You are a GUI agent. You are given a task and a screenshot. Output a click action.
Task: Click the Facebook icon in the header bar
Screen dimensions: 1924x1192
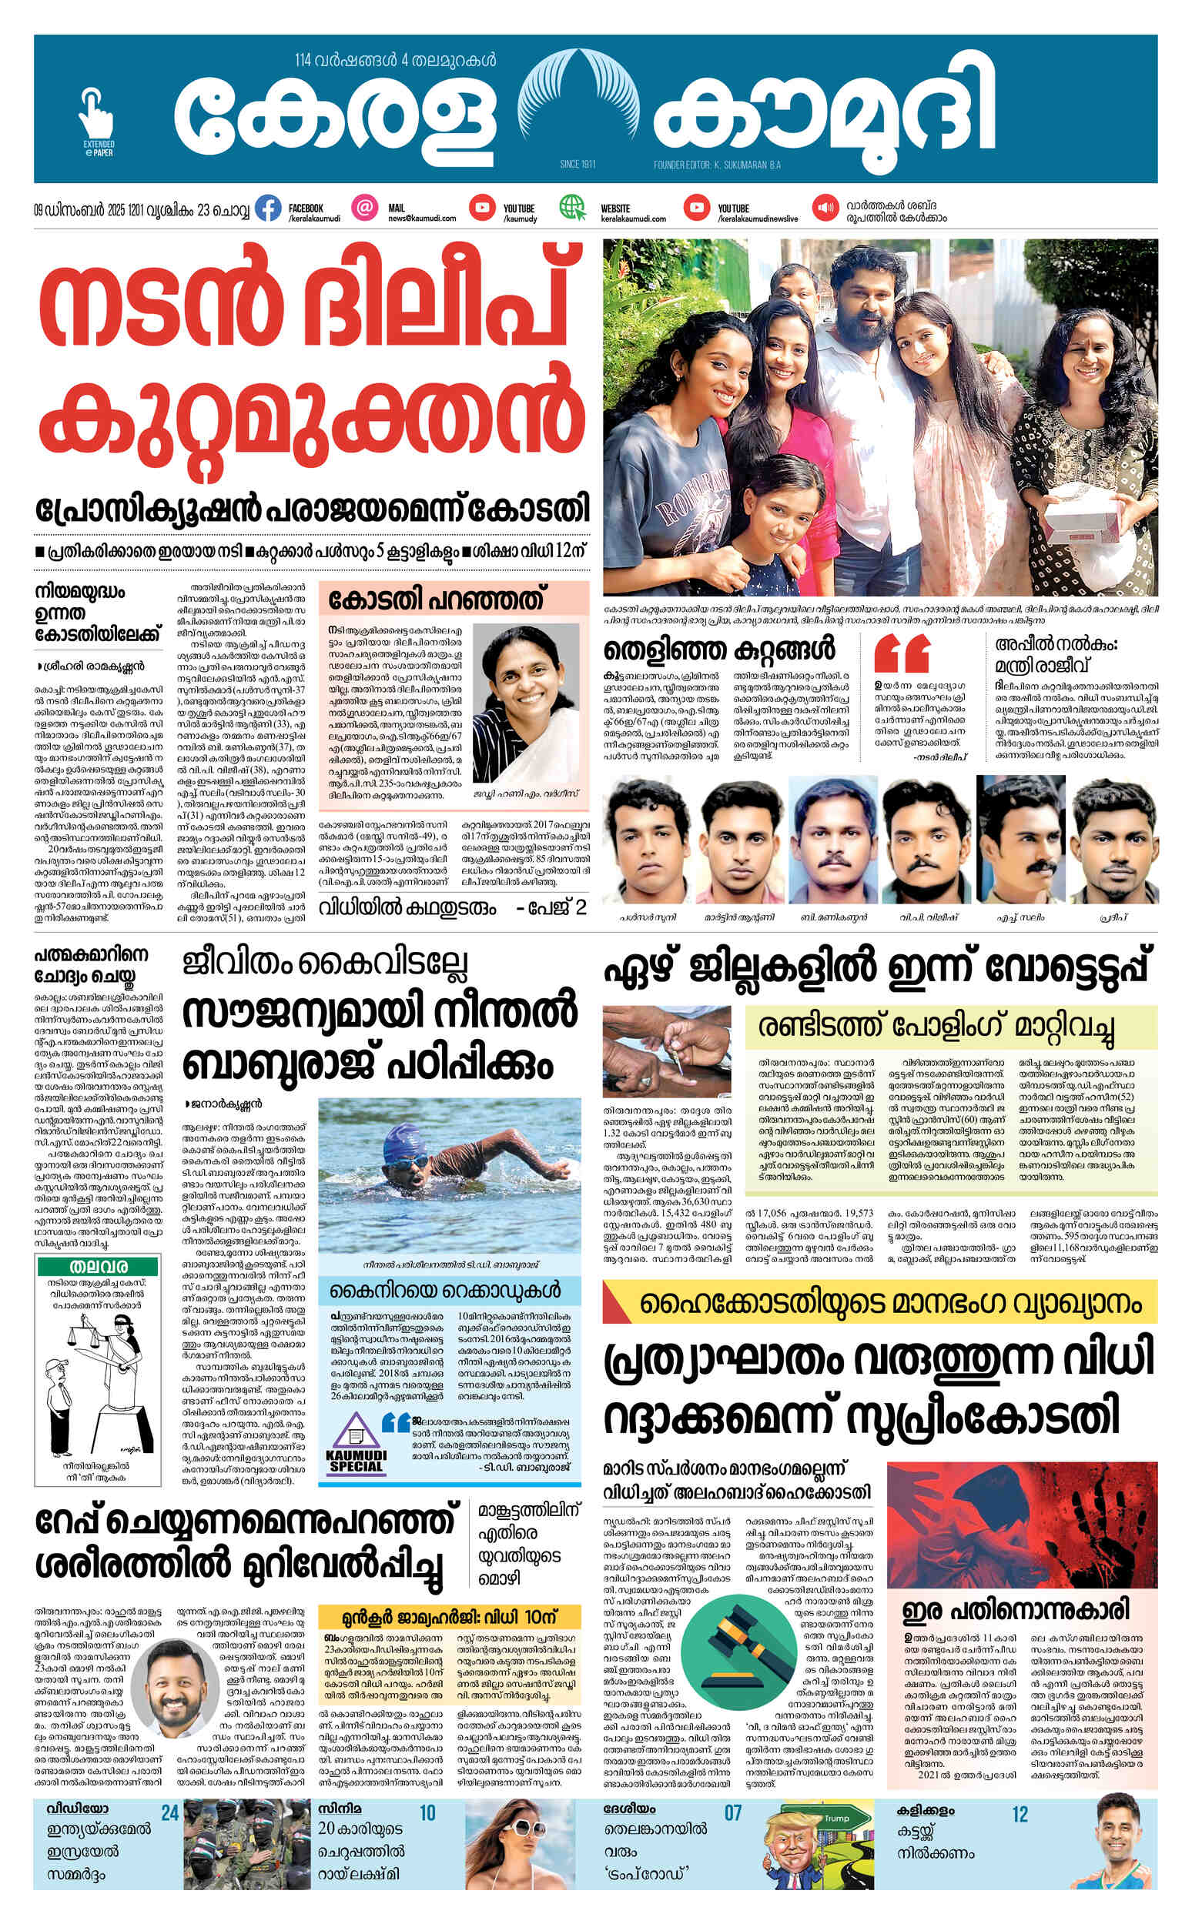tap(269, 209)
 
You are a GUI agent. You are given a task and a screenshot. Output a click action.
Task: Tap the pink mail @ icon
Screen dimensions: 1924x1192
tap(363, 208)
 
